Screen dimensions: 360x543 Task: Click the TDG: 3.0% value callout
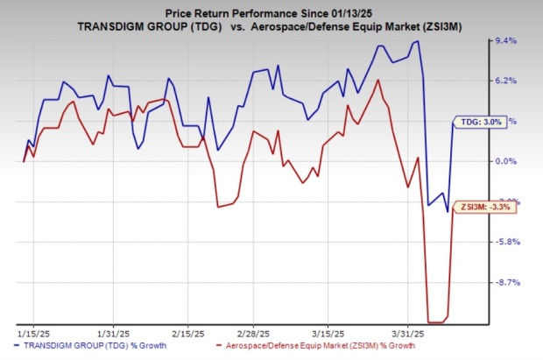[x=480, y=124]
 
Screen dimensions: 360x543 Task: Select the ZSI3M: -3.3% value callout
[x=488, y=208]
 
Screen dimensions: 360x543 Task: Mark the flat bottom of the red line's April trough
[x=437, y=321]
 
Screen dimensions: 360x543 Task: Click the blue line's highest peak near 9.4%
[x=418, y=41]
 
